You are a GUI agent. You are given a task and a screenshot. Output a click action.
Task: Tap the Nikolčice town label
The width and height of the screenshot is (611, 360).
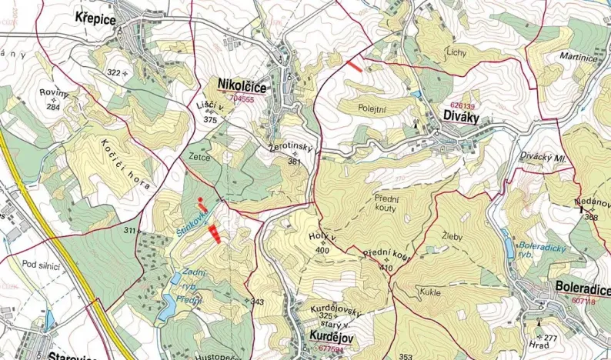(242, 85)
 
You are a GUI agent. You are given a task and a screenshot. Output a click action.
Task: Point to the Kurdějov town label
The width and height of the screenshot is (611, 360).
(330, 336)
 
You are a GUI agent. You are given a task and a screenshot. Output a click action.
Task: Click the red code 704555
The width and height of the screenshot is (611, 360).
(242, 98)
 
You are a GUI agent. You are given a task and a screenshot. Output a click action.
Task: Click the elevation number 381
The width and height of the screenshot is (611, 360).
(294, 162)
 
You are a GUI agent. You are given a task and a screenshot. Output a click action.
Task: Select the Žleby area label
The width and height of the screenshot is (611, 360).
(452, 237)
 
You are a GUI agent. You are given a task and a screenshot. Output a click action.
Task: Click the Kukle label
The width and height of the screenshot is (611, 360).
(430, 292)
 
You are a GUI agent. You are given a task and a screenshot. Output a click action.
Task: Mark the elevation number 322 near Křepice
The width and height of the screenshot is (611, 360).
(114, 72)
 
